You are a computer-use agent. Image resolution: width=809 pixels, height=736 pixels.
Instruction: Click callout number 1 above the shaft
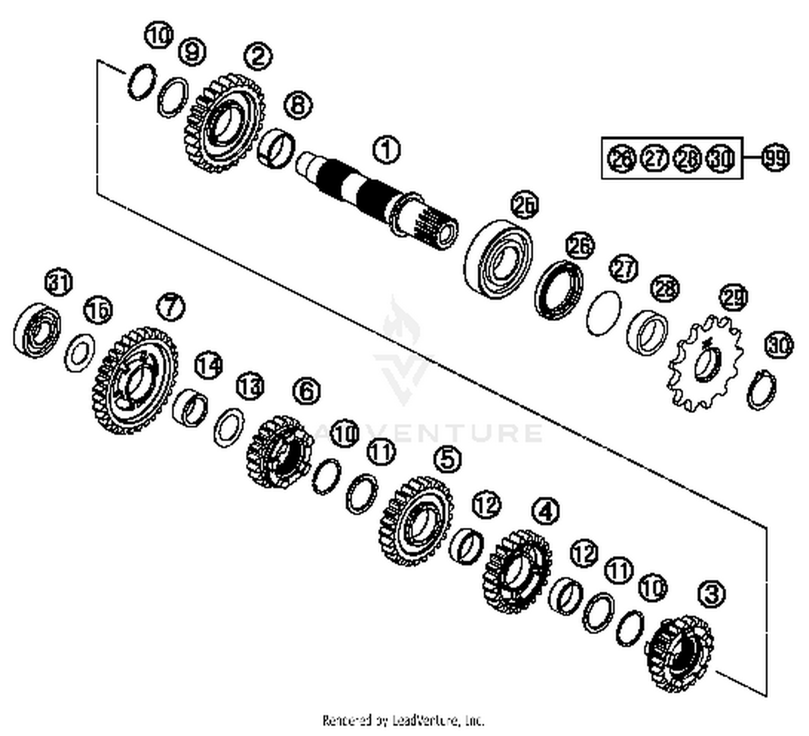(386, 149)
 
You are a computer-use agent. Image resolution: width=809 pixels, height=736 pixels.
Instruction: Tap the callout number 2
(258, 56)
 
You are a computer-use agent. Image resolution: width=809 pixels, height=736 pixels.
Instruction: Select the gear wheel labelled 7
(135, 380)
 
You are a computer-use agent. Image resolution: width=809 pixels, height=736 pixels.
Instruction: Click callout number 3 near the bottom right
(711, 594)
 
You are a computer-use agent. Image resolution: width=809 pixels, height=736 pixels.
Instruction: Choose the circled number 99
(775, 158)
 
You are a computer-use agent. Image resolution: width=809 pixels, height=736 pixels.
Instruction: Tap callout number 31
(59, 282)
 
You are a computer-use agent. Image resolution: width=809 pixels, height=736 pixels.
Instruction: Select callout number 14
(209, 366)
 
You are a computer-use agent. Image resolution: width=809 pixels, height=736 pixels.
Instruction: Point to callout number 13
(250, 386)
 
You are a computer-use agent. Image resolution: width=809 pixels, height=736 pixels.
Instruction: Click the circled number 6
(306, 390)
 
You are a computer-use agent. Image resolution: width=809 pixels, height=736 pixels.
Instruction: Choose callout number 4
(546, 510)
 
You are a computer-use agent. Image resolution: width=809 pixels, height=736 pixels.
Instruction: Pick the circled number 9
(193, 52)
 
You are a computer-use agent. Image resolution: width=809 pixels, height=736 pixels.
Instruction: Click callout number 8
(298, 104)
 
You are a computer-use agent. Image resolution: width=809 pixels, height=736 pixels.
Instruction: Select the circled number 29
(733, 297)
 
